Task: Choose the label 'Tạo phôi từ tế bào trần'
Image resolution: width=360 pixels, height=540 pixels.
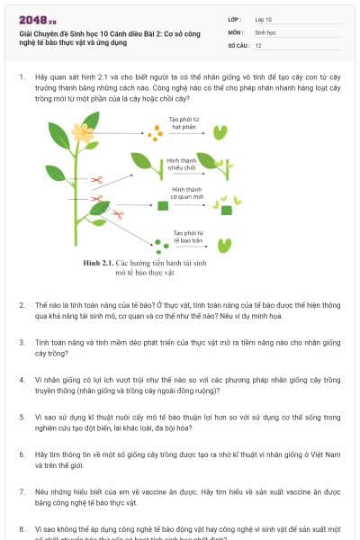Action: [188, 235]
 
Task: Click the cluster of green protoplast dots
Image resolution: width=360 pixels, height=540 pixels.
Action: [159, 243]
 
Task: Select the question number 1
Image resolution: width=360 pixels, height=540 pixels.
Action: [21, 77]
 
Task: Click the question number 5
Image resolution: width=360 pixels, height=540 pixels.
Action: [21, 417]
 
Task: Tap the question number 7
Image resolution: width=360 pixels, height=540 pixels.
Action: [21, 492]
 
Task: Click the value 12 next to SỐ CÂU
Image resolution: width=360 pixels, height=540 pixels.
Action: [258, 44]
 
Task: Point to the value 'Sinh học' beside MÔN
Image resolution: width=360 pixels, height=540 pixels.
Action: [264, 31]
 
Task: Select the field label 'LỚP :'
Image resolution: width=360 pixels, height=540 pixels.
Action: [235, 18]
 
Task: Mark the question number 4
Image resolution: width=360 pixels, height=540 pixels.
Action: [21, 380]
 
